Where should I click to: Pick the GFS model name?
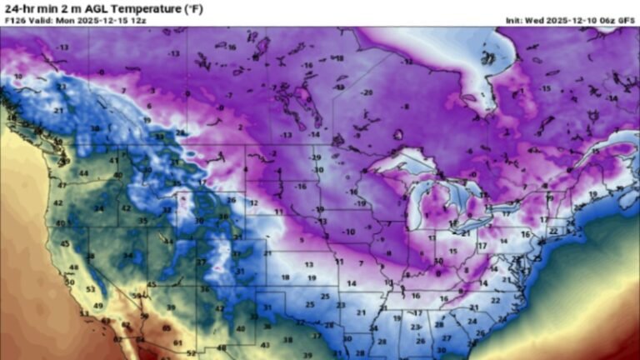point(626,20)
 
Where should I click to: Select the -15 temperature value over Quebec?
point(546,88)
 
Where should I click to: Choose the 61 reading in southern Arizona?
point(178,342)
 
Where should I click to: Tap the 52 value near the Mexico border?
point(191,352)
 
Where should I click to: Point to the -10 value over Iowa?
point(348,232)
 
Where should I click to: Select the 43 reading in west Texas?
point(265,344)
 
